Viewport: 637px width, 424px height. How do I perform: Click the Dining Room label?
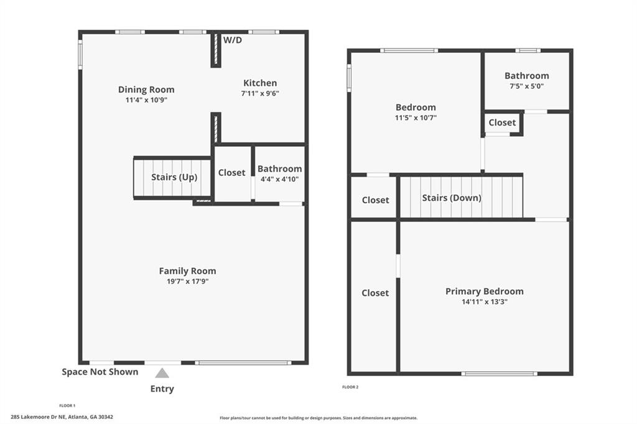[146, 90]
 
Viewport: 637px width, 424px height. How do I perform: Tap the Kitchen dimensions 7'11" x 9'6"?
[260, 93]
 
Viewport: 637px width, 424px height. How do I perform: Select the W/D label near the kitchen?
[233, 40]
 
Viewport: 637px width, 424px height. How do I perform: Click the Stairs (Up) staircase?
[174, 178]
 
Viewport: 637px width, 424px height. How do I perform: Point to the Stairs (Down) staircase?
[460, 198]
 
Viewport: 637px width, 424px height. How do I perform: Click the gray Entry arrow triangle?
[162, 373]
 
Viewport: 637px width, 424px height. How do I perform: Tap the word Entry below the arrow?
[162, 389]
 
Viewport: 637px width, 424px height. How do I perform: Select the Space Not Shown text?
[100, 372]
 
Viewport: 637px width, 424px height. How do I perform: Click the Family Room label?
[187, 270]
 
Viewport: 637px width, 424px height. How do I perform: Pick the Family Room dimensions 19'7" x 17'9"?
[187, 281]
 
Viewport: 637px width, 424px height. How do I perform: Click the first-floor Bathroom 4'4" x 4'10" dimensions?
[279, 179]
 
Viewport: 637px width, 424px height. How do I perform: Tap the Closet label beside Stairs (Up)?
[231, 173]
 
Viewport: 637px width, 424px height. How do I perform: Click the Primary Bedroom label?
[484, 291]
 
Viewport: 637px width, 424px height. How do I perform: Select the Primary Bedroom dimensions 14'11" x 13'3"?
[484, 302]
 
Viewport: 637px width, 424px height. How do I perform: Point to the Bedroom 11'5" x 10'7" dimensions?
[416, 117]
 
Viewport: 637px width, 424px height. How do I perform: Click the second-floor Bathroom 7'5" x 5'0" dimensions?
[526, 86]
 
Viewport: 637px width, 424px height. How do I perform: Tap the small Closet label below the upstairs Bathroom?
[502, 122]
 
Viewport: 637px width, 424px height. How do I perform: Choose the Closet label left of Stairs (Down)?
[375, 200]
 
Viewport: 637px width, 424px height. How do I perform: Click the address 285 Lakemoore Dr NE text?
[62, 417]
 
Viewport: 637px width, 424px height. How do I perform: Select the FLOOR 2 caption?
[350, 387]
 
